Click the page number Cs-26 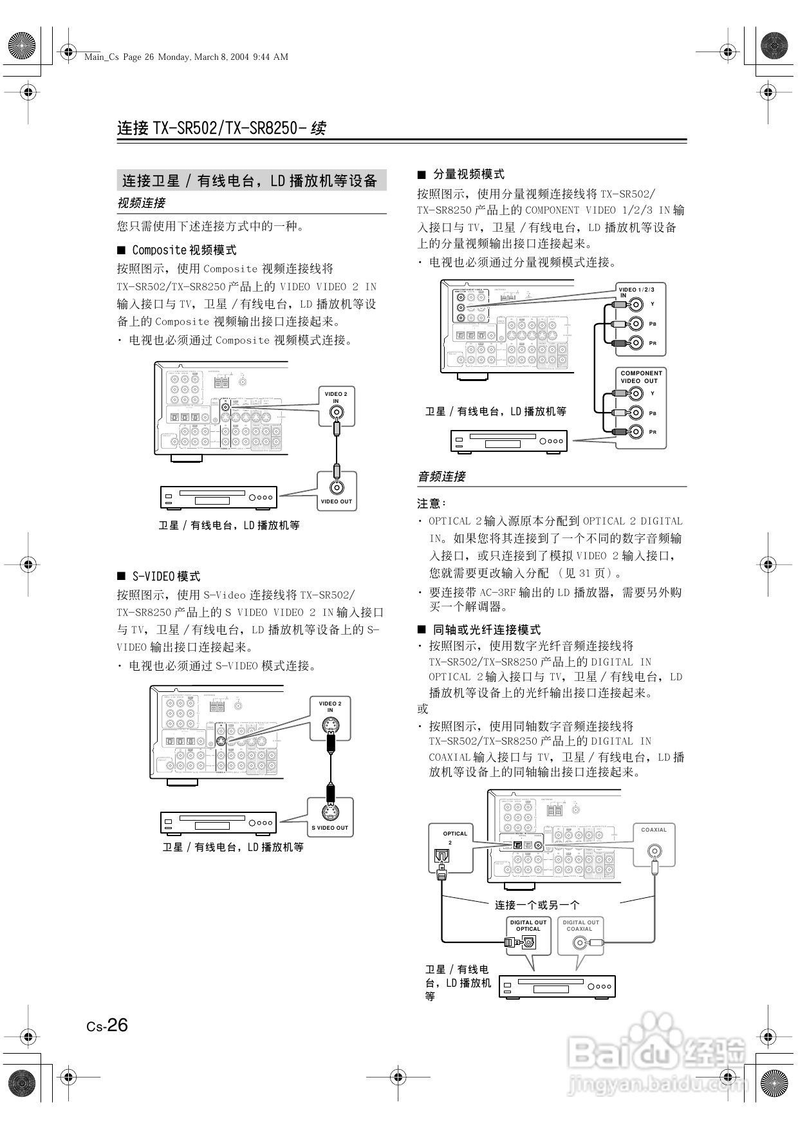[107, 1025]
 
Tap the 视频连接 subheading [141, 203]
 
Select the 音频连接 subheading [441, 477]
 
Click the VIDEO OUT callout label [337, 501]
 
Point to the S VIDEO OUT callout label [329, 828]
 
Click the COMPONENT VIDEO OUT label [640, 377]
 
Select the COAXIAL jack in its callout [654, 851]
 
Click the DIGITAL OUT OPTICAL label [528, 926]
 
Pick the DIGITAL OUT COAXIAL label [580, 926]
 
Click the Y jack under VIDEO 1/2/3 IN [636, 305]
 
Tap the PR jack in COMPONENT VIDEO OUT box [636, 431]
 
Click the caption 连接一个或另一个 [537, 905]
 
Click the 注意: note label [432, 503]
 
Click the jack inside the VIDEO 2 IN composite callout [336, 415]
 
